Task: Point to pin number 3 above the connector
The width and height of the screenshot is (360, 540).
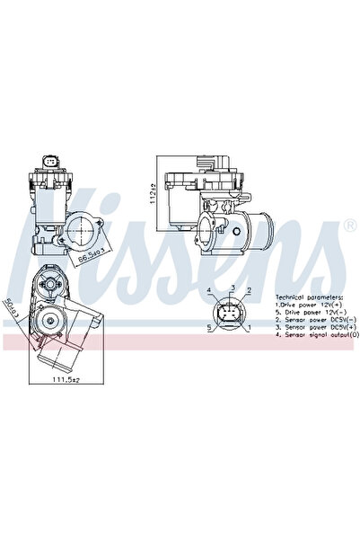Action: point(231,287)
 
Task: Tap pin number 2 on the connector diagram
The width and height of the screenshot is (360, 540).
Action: point(248,291)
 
